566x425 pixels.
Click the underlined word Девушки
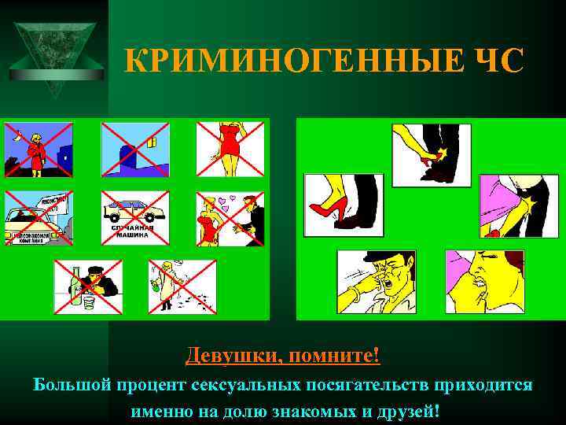coord(232,357)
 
